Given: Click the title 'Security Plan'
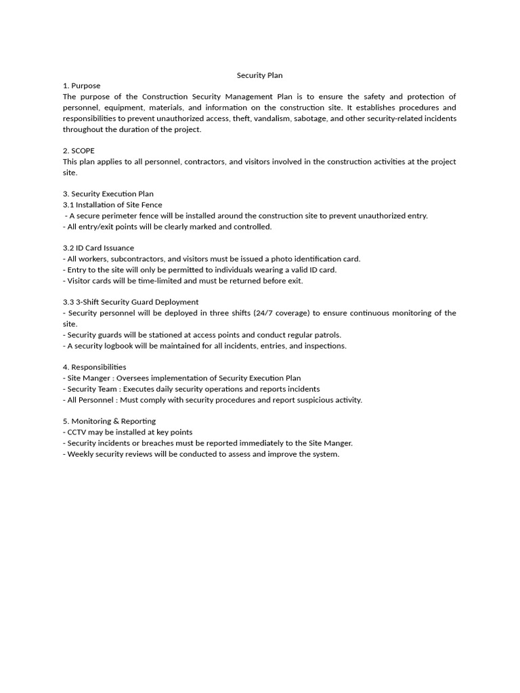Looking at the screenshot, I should point(259,75).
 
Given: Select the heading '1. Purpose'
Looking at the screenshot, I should point(81,86).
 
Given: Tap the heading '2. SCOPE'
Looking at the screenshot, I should point(79,151).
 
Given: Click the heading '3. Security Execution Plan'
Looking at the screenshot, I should point(108,194).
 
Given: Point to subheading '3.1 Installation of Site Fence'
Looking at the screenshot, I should point(112,205).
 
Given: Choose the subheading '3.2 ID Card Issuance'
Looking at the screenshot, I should point(98,248).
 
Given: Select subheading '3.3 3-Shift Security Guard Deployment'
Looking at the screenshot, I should point(131,303).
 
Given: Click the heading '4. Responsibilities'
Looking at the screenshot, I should point(94,367).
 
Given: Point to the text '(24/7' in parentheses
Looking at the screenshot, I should point(264,313).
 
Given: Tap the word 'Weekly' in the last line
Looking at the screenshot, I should point(80,454).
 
